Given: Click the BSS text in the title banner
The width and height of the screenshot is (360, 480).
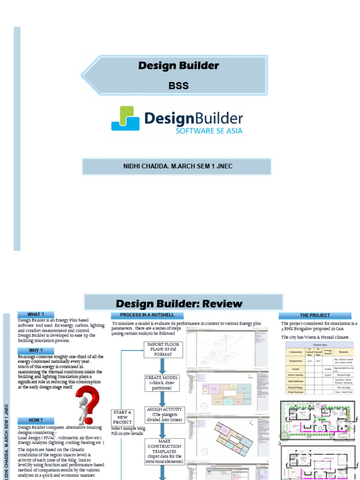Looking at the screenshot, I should coord(178,86).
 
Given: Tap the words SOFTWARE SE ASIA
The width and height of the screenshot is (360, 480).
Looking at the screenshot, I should coord(209,131).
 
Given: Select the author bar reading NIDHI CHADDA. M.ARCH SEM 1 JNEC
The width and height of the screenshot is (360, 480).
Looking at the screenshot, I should coord(177,166).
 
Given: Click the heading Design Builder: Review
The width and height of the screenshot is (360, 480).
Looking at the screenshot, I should coord(179,304).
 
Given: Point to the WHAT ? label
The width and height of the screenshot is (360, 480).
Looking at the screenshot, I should coord(36,315).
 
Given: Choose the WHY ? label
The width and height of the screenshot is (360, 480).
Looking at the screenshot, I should coord(36,350).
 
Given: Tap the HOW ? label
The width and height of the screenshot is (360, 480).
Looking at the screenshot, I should coord(36,420).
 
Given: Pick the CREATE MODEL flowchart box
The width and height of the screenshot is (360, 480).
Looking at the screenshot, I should coord(163,382).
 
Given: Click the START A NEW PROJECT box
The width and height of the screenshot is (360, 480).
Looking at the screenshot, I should coord(122,417).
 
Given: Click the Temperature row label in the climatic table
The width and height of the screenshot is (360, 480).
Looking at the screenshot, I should coord(296,361).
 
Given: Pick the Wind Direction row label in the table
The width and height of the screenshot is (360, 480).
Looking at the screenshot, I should coord(296,392).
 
